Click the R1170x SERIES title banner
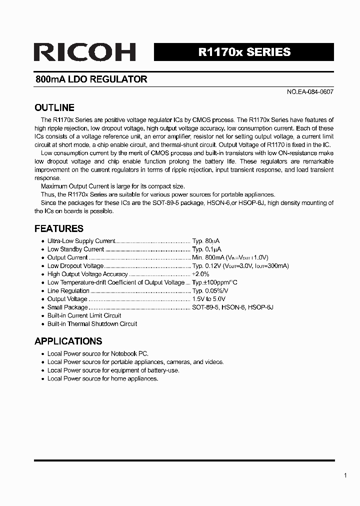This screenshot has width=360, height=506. (244, 52)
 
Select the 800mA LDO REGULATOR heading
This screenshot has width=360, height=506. (91, 79)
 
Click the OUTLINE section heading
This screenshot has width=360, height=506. (54, 108)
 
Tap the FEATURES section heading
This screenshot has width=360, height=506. (58, 228)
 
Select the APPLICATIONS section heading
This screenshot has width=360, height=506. (68, 341)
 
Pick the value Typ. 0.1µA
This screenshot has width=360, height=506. (206, 249)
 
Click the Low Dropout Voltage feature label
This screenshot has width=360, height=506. (75, 266)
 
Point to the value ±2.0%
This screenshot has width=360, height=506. (200, 274)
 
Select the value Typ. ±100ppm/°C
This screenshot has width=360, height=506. (214, 282)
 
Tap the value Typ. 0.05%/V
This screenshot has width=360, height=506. (210, 291)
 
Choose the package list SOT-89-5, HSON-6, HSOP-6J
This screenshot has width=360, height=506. (232, 307)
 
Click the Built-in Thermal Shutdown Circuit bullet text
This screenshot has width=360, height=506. (92, 324)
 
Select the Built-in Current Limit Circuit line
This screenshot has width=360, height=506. (84, 315)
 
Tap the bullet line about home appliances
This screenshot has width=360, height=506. (102, 378)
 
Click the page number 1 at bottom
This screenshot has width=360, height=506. (345, 475)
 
